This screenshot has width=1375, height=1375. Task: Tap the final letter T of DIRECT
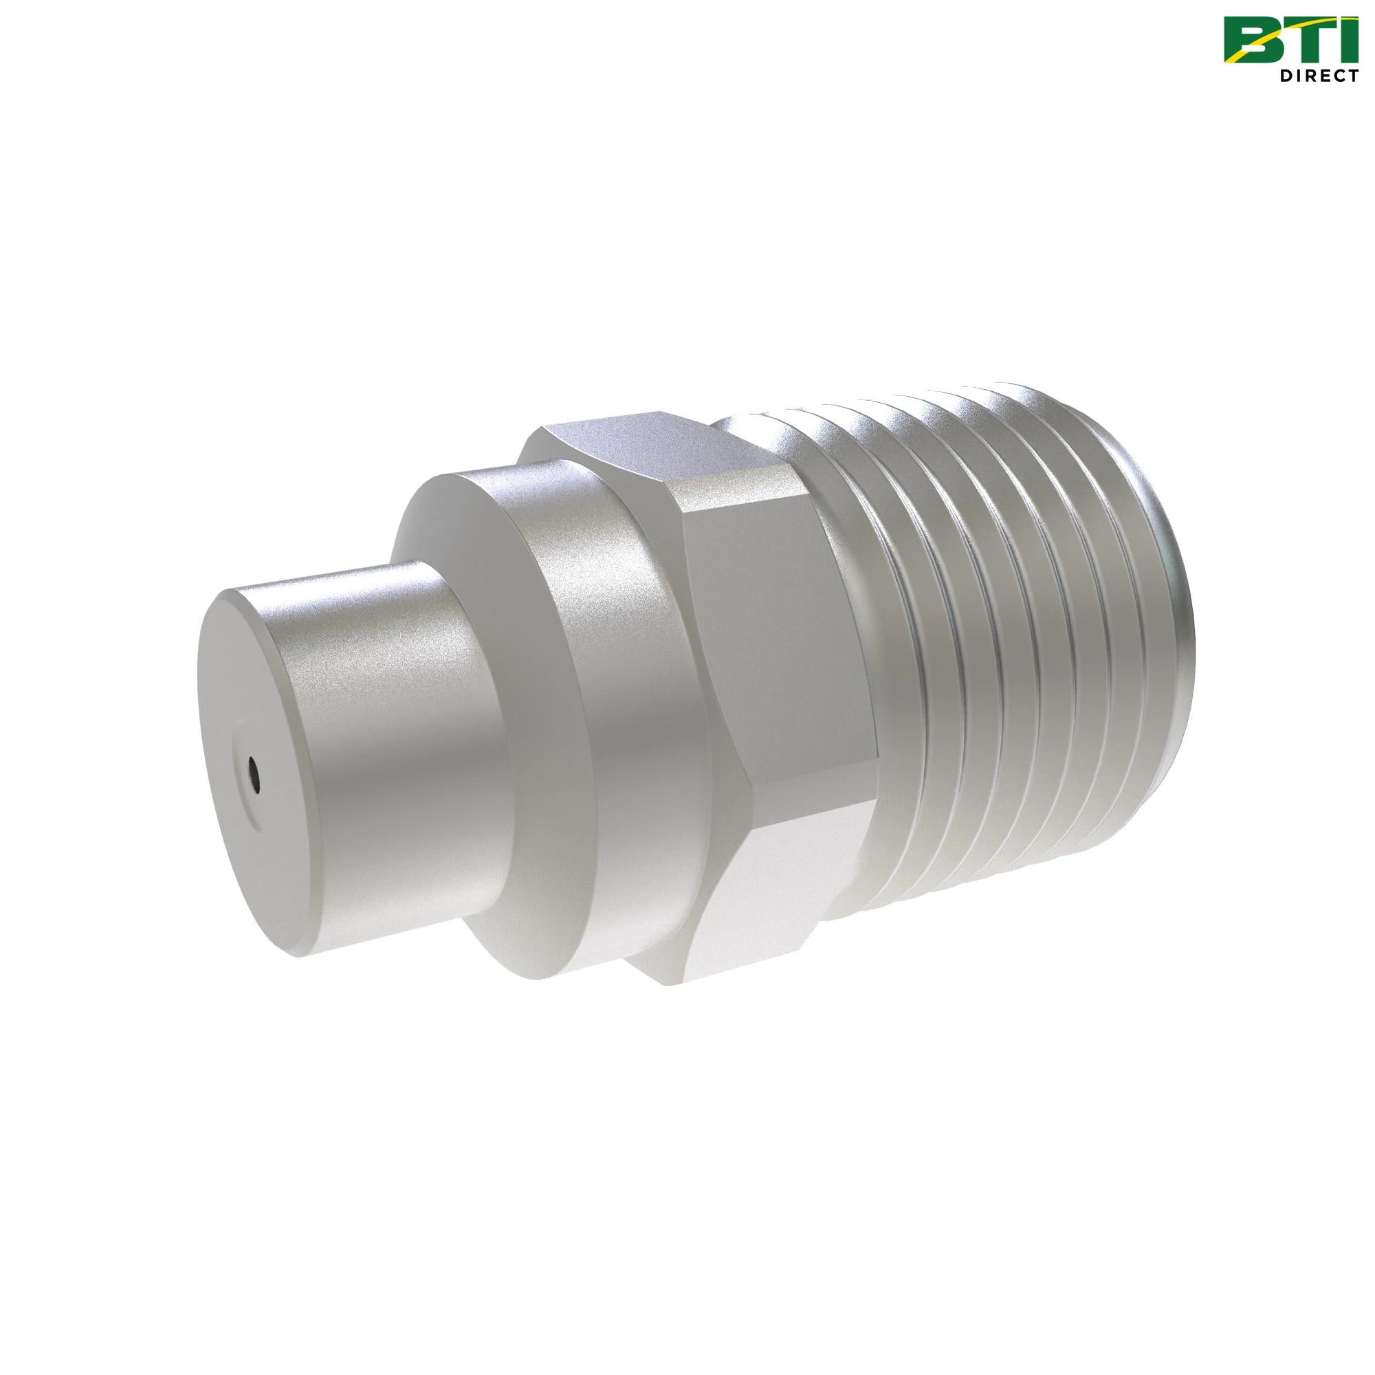point(1352,76)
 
